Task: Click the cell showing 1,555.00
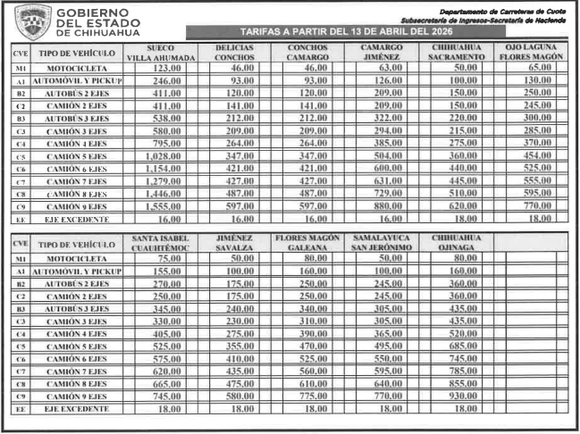pos(161,204)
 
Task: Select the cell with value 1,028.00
pos(161,154)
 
